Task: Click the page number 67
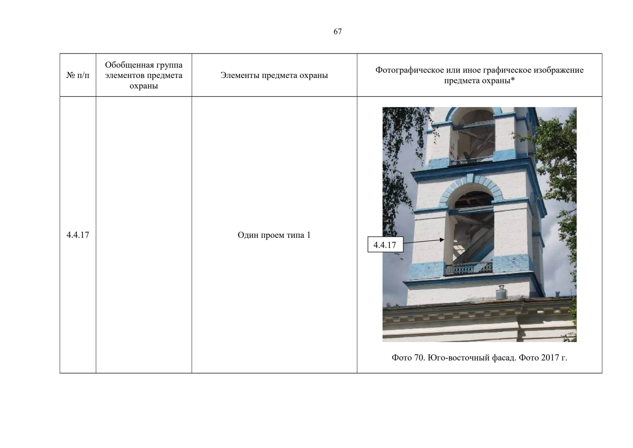[x=338, y=31]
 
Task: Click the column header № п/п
[x=78, y=75]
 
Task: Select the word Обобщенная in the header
[x=128, y=65]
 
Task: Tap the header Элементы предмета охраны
[x=274, y=75]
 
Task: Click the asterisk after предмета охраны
[x=513, y=80]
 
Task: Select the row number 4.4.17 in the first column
[x=78, y=235]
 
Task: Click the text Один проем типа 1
[x=274, y=235]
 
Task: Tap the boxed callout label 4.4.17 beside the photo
[x=385, y=245]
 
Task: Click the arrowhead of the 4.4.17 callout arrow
[x=442, y=240]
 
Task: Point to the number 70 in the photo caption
[x=419, y=358]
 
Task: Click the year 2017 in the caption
[x=550, y=358]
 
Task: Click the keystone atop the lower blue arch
[x=470, y=179]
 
